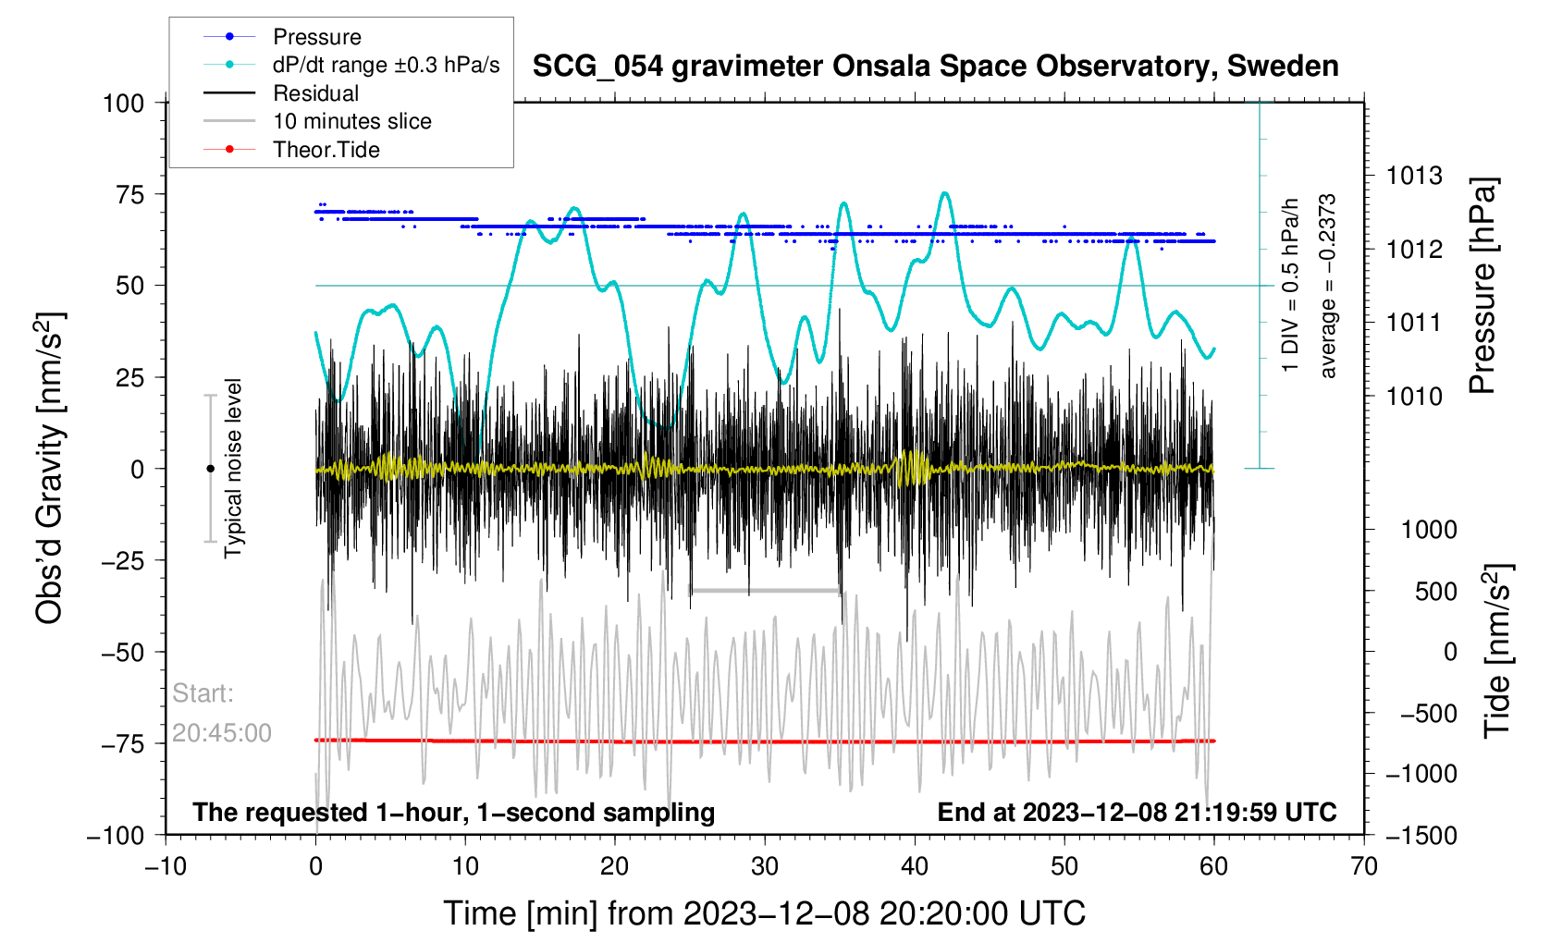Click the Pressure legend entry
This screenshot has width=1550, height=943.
316,37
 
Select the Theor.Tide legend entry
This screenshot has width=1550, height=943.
326,150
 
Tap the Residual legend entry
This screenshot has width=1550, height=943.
315,93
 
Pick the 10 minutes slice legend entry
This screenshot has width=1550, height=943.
351,121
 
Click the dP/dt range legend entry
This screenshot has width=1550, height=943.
386,65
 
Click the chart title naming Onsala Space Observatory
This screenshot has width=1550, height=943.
935,67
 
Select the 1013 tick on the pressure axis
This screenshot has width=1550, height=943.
1414,176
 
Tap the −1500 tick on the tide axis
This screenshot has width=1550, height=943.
1421,836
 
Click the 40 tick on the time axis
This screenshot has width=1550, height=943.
915,866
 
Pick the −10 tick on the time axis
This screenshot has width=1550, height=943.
166,866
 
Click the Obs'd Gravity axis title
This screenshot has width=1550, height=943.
50,468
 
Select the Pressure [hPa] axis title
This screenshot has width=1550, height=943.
1482,286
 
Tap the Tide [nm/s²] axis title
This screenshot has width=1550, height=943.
1497,651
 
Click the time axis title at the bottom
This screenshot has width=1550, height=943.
764,913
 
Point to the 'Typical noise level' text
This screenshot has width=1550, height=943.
233,468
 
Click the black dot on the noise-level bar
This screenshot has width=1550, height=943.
210,469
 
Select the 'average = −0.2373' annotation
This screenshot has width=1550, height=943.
1328,286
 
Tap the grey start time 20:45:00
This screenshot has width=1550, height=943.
222,733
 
